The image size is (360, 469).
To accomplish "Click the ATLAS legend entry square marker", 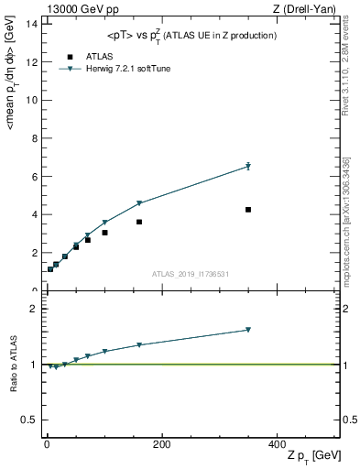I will pos(69,56).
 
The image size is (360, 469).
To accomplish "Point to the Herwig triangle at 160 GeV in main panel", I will pos(139,203).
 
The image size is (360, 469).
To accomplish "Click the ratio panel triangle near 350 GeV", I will pos(248,330).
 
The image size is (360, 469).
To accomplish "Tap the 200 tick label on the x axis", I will pos(161,443).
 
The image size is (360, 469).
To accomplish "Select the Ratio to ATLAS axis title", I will pos(14,365).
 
